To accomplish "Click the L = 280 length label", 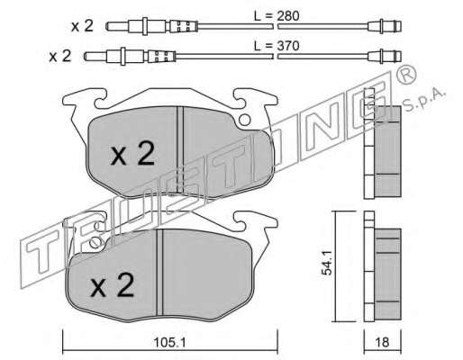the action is pyautogui.click(x=277, y=16).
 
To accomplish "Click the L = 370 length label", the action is pyautogui.click(x=277, y=46).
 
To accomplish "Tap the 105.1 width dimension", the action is pyautogui.click(x=169, y=343).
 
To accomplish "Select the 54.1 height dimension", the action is pyautogui.click(x=327, y=263).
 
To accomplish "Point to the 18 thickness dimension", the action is pyautogui.click(x=382, y=342).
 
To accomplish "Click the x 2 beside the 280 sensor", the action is pyautogui.click(x=82, y=26).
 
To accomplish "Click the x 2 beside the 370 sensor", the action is pyautogui.click(x=60, y=56).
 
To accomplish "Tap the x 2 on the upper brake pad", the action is pyautogui.click(x=132, y=154).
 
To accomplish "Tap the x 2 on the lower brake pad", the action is pyautogui.click(x=112, y=285).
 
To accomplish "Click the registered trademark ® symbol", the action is pyautogui.click(x=406, y=75).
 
